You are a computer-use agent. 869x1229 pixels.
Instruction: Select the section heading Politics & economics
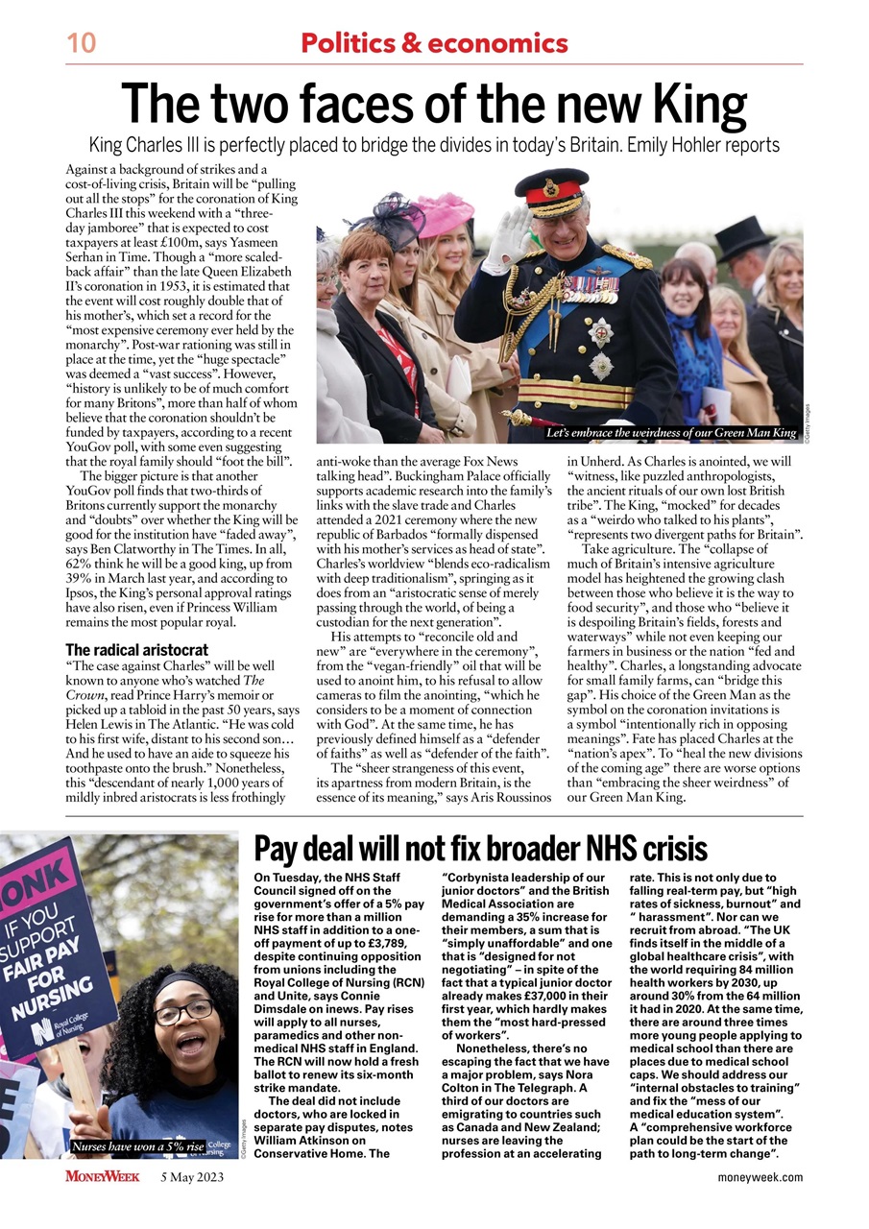coord(434,43)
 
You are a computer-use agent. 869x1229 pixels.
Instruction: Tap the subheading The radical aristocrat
coord(136,650)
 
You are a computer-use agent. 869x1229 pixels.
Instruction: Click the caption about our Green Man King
coord(671,433)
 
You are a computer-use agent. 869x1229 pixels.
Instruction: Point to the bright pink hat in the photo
coord(445,212)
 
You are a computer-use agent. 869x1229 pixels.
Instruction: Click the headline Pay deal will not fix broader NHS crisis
coord(480,849)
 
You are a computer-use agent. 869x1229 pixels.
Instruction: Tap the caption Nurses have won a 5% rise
coord(137,1146)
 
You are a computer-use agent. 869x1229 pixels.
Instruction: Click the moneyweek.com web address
coord(760,1177)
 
